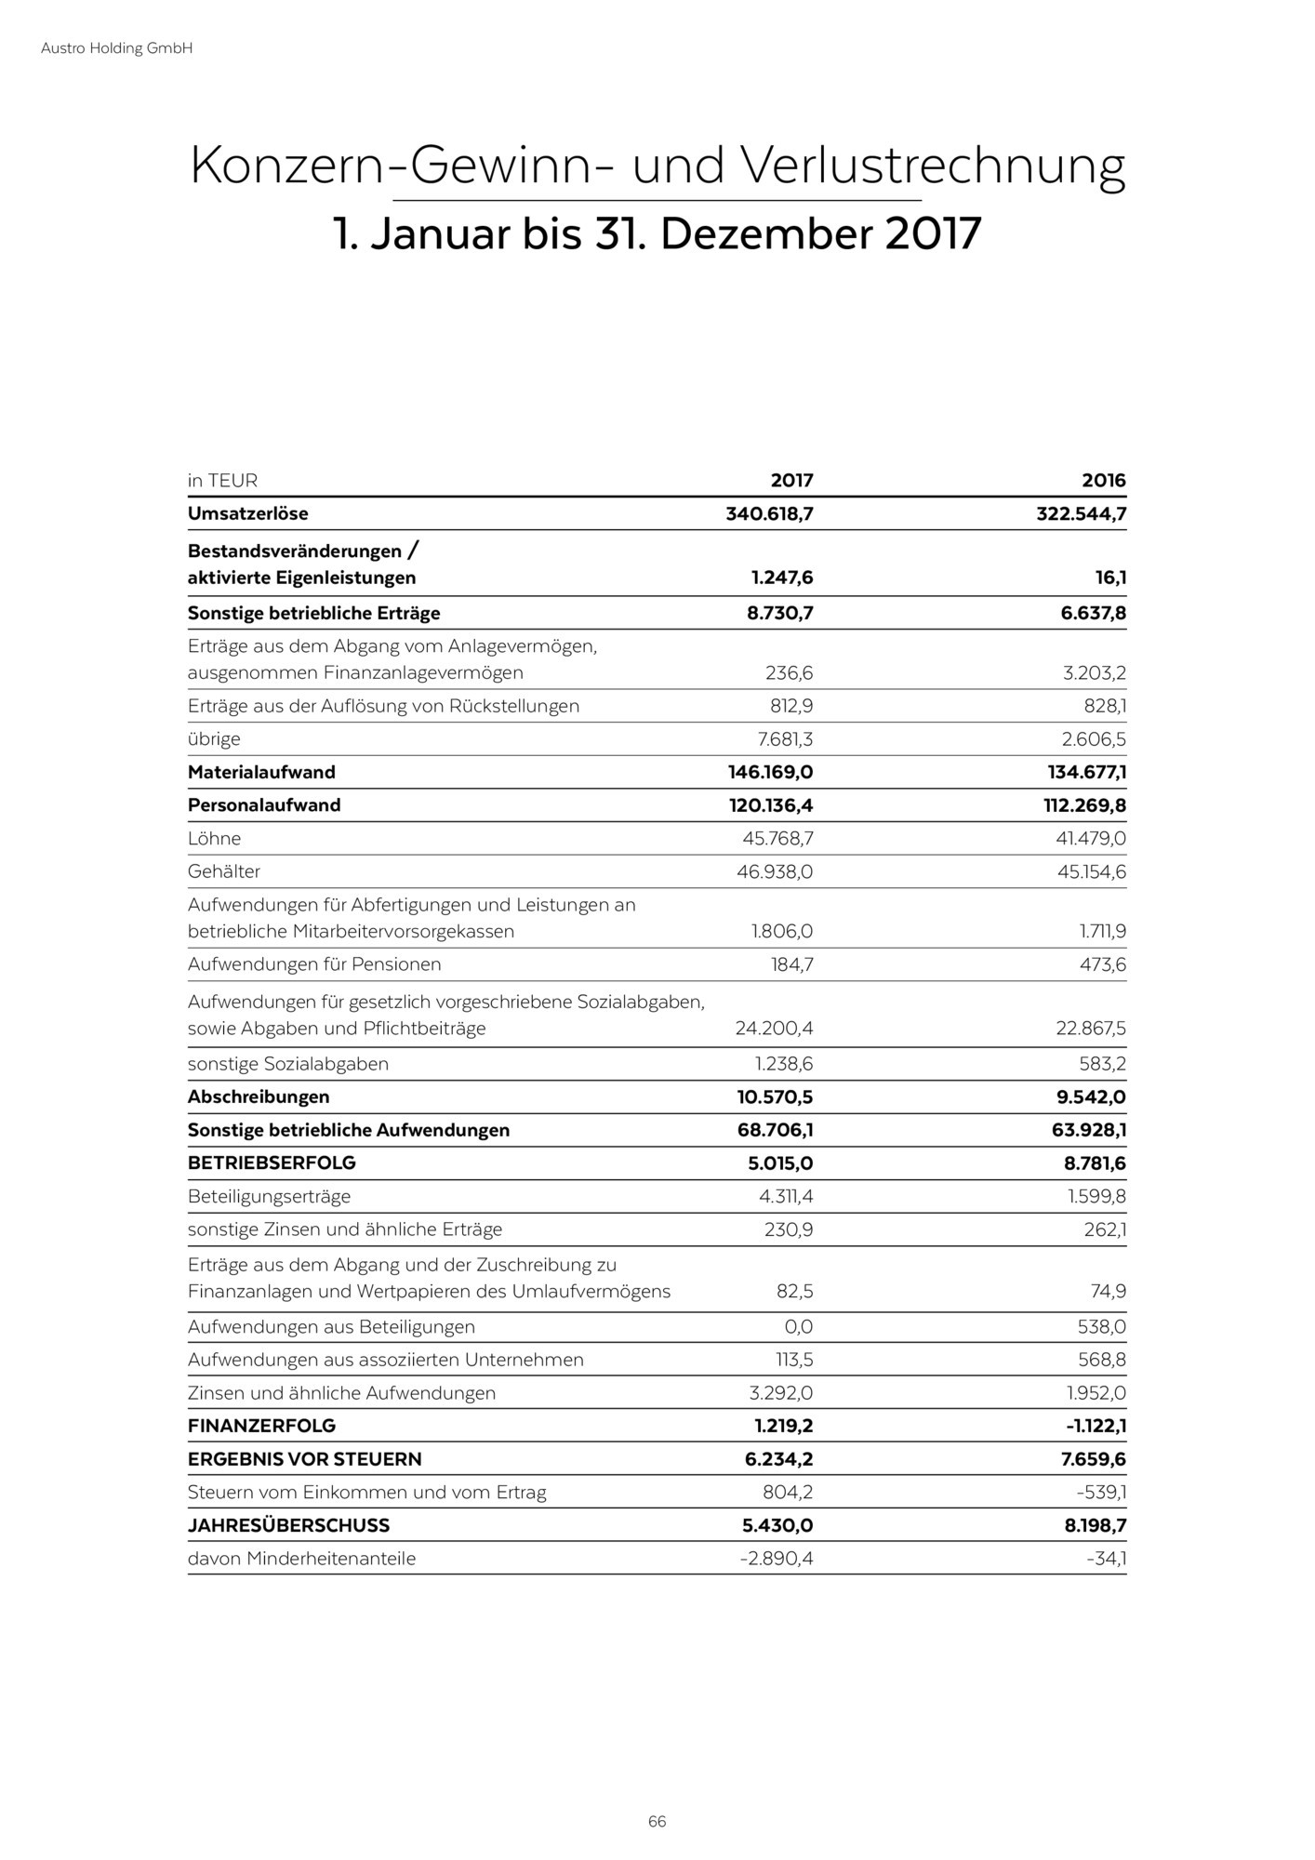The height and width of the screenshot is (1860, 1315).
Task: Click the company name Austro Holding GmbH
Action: coord(116,48)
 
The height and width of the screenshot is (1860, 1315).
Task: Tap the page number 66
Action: coord(657,1821)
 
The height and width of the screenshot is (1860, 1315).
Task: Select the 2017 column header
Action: coord(791,481)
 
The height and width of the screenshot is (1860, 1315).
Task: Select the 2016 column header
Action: coord(1103,481)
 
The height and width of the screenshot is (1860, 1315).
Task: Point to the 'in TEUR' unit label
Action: coord(222,481)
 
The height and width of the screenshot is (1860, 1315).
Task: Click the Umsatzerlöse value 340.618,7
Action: coord(769,513)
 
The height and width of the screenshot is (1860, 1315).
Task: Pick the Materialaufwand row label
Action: coord(261,772)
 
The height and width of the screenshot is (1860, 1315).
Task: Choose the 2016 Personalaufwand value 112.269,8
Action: coord(1080,805)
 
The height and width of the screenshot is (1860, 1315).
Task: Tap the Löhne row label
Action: coord(214,839)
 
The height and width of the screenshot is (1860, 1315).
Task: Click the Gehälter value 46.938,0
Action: coord(777,871)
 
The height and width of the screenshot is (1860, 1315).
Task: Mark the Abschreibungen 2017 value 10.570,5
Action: coord(775,1097)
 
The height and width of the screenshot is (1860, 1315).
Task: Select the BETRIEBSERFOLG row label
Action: coord(272,1163)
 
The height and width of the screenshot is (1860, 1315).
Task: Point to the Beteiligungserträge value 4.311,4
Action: coord(786,1196)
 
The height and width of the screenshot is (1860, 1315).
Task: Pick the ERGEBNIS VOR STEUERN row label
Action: coord(304,1459)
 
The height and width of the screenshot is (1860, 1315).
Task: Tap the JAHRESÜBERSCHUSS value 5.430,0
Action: coord(778,1525)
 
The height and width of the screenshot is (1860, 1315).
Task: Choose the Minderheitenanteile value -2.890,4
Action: coord(777,1559)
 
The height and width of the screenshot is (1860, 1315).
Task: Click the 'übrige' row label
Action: coord(214,739)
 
